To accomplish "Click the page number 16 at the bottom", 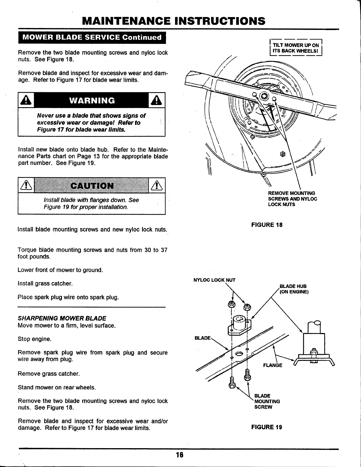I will [x=180, y=455].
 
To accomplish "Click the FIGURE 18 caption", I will [x=266, y=225].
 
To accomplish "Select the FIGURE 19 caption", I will [x=266, y=427].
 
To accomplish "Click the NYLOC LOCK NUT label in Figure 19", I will [x=214, y=280].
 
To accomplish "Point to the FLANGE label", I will [x=272, y=365].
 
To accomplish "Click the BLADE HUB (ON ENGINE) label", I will [x=294, y=289].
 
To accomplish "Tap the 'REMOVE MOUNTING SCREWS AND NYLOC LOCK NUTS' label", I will [x=292, y=198].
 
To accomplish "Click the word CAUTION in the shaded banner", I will [x=92, y=186].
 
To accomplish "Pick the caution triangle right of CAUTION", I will [x=157, y=186].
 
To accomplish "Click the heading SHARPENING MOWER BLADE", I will [x=62, y=318].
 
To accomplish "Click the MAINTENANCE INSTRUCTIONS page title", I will [x=174, y=21].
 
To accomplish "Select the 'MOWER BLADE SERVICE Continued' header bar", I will [x=92, y=37].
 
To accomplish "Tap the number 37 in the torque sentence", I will [x=164, y=250].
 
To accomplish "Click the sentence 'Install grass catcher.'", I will [x=45, y=284].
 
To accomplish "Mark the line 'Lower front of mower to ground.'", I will [x=60, y=270].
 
